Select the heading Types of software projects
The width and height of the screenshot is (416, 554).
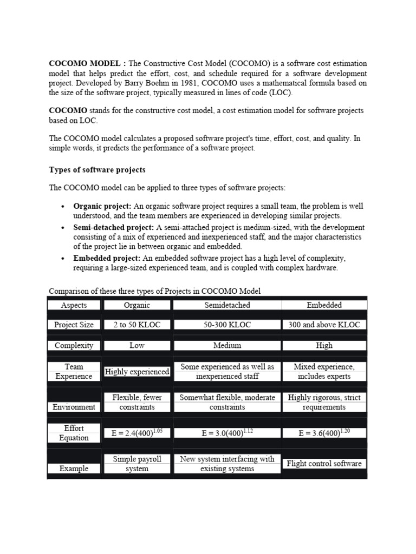pos(97,170)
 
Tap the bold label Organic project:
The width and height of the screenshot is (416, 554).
pos(102,206)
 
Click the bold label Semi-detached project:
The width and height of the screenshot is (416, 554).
pos(114,227)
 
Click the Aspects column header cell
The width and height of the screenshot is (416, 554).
pos(74,305)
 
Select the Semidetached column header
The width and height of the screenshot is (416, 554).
pos(227,305)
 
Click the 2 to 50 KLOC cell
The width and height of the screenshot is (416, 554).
pos(137,325)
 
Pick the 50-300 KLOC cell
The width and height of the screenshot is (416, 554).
pos(227,325)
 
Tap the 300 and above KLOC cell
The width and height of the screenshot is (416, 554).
pos(324,325)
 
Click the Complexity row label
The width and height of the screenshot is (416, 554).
pos(74,345)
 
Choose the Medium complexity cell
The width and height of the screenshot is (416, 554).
pos(227,345)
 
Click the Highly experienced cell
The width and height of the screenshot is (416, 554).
pos(137,372)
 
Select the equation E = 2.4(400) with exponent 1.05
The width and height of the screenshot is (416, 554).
pos(137,433)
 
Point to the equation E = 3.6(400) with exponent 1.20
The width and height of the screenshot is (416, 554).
pos(324,433)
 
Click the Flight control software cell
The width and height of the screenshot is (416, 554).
pos(324,464)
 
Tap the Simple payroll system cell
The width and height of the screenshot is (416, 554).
pos(137,464)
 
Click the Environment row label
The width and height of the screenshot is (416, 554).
pos(74,407)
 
